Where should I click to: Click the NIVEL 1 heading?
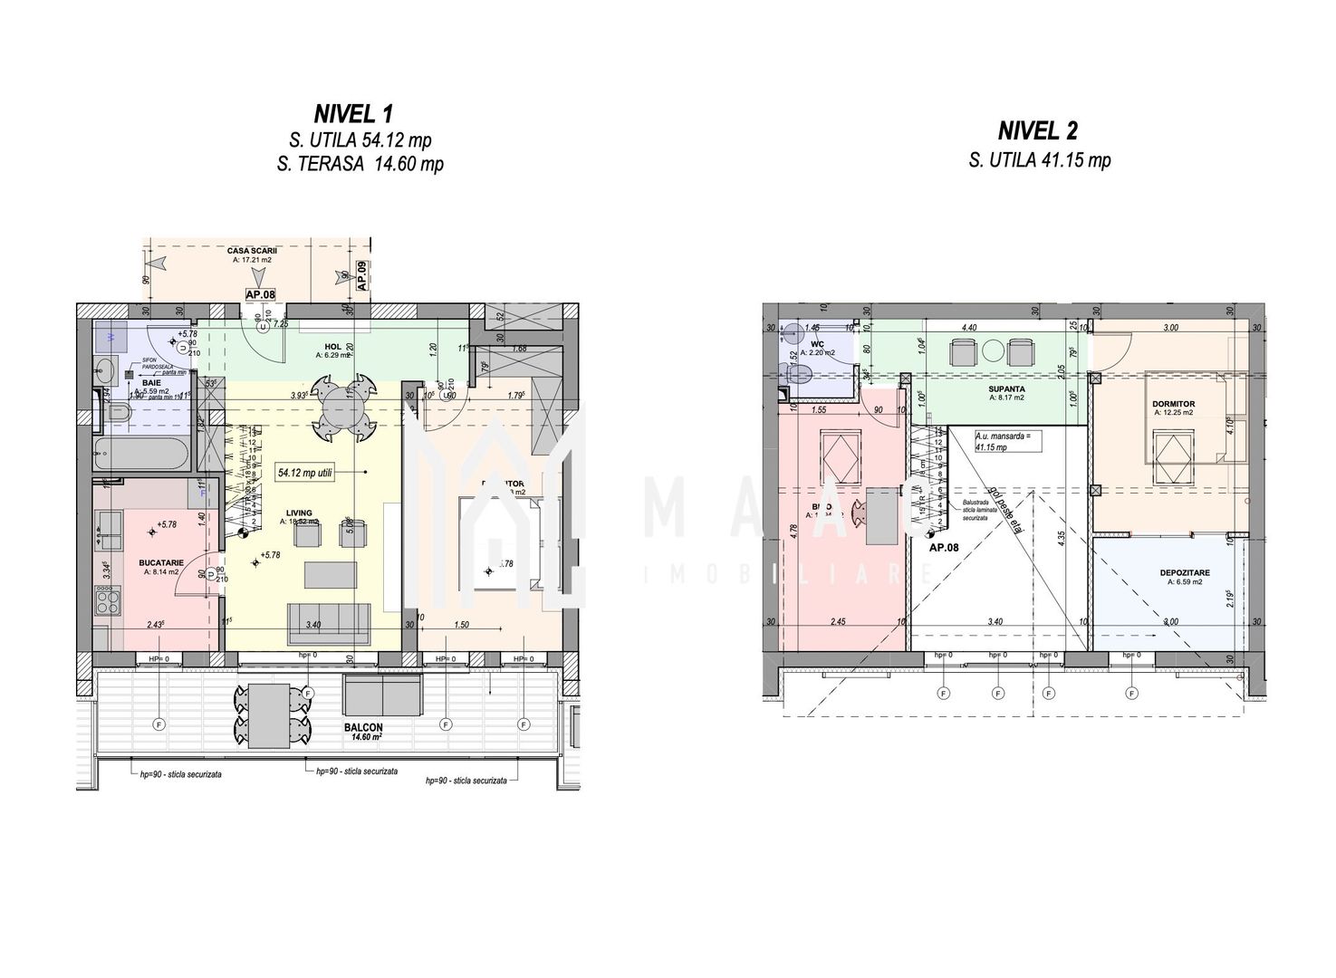(353, 114)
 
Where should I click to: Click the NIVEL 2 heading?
(1038, 131)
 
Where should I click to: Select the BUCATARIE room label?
(161, 562)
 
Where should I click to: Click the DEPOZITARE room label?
(1184, 572)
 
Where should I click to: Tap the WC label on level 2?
(815, 344)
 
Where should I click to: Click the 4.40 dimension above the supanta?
(969, 328)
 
